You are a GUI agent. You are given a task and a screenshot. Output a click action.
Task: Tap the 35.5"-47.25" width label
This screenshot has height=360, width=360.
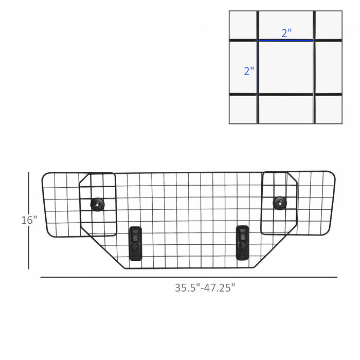pos(205,288)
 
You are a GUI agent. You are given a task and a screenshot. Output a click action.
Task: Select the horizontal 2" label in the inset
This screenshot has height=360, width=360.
pos(286,32)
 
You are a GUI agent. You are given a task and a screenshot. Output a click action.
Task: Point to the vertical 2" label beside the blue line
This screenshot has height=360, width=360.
pos(249,71)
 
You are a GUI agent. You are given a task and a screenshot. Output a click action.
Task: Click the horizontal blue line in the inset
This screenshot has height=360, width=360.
pos(285,40)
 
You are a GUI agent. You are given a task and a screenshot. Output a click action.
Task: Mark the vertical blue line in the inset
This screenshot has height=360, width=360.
pos(258,67)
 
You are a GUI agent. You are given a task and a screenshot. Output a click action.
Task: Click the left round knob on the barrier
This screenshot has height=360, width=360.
pos(97,204)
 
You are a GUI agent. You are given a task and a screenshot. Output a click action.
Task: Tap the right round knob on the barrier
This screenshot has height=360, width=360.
pos(279,202)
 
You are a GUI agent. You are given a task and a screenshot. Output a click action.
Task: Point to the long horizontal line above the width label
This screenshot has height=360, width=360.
pos(189,278)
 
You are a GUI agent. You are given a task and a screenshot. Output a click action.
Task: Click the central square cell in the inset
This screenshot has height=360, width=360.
pos(285,67)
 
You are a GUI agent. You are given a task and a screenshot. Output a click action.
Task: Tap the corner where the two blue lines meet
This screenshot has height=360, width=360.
pos(258,40)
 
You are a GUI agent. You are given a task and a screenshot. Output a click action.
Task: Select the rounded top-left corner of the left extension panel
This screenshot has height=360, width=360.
pos(44,175)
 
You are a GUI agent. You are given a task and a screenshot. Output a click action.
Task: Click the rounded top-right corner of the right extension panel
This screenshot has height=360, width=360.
pos(332,174)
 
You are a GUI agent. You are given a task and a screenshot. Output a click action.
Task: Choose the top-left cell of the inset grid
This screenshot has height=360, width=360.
pos(243,25)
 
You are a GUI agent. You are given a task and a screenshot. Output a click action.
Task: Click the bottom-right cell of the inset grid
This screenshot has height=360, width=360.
pos(328,109)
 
